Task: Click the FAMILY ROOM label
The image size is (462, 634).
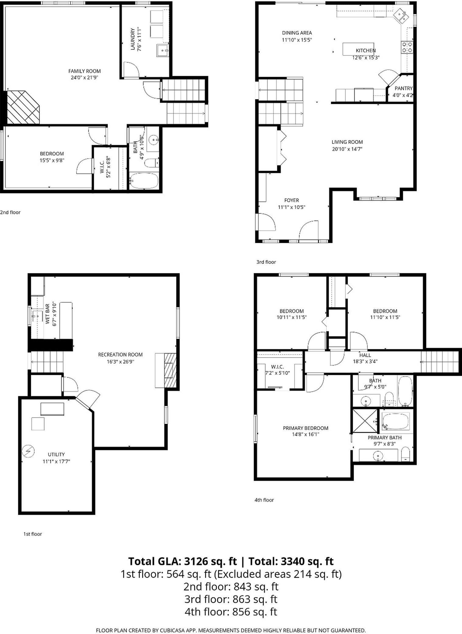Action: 84,71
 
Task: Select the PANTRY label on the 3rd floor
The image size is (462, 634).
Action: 403,88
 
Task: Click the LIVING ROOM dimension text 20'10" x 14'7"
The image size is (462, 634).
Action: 347,149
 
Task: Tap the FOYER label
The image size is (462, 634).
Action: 291,200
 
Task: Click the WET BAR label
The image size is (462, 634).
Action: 48,314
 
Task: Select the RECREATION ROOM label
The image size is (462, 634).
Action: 120,354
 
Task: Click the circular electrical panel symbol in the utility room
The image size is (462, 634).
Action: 28,451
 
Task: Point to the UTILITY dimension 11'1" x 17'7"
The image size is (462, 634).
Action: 56,461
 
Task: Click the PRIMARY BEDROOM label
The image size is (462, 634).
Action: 305,428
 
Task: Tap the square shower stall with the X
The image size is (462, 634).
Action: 365,421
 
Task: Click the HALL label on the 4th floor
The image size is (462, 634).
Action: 365,355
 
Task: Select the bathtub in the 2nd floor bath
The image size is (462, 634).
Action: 144,181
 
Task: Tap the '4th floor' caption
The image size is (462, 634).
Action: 264,500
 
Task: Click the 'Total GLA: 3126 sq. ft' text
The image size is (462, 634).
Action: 182,561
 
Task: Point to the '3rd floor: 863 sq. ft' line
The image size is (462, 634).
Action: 231,599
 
